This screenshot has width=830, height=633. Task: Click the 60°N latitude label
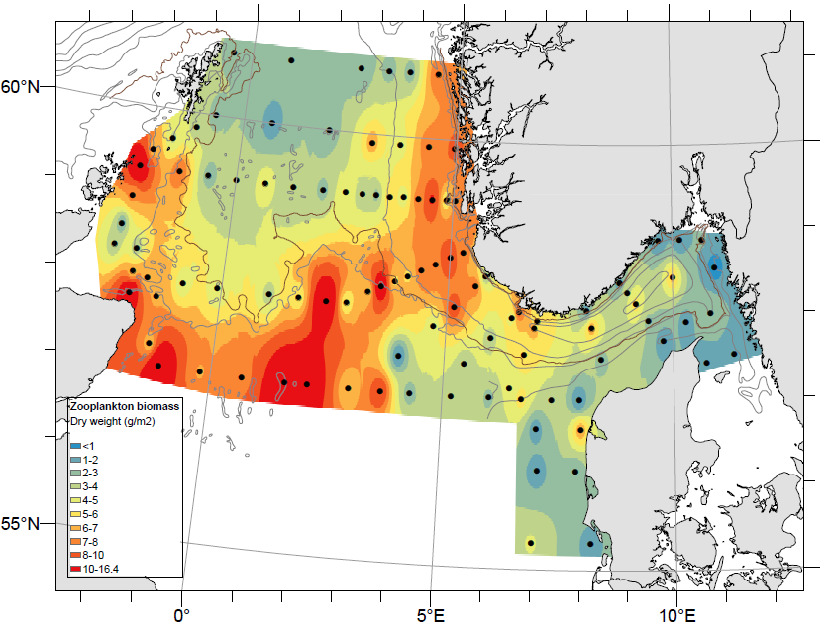(20, 87)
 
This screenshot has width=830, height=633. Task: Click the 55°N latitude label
(20, 524)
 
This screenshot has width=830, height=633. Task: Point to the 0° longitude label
(181, 617)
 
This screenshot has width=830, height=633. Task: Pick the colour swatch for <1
(75, 447)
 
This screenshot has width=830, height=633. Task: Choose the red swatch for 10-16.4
(75, 569)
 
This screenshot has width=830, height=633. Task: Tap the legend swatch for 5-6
(75, 515)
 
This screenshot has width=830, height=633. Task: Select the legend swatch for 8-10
(75, 556)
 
